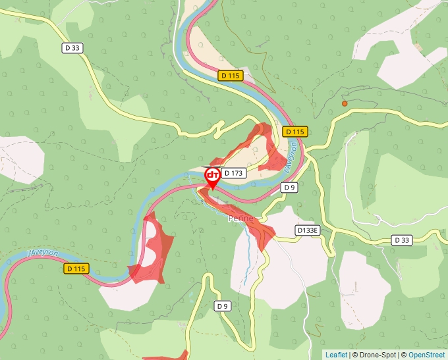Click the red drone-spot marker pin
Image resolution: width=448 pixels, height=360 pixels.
point(213,176)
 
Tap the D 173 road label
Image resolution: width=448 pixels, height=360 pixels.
point(234,173)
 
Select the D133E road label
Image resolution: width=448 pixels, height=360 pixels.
point(307,230)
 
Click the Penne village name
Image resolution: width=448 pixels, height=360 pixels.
point(240,218)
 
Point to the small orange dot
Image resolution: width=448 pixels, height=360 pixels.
point(344,103)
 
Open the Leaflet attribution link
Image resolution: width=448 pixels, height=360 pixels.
point(336,355)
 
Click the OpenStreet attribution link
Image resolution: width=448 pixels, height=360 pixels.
point(426,355)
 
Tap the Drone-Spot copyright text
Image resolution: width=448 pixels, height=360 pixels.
point(375,355)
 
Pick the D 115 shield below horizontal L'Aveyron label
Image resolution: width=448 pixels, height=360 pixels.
point(76,269)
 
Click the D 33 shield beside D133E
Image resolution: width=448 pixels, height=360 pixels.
point(402,240)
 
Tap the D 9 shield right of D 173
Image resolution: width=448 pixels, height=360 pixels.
point(289,188)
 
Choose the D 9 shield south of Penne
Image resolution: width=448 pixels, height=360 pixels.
point(223,306)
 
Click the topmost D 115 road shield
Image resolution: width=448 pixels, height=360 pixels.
point(231,76)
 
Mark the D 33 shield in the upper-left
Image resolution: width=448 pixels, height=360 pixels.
point(72,47)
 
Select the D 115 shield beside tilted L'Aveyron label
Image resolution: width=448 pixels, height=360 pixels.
point(295,132)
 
